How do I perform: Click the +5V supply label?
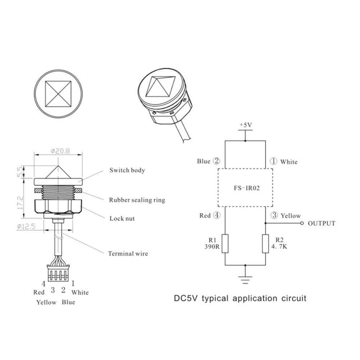245,123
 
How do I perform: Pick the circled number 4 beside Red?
217,216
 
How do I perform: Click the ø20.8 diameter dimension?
58,151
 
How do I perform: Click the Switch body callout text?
127,171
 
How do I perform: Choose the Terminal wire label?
128,253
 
